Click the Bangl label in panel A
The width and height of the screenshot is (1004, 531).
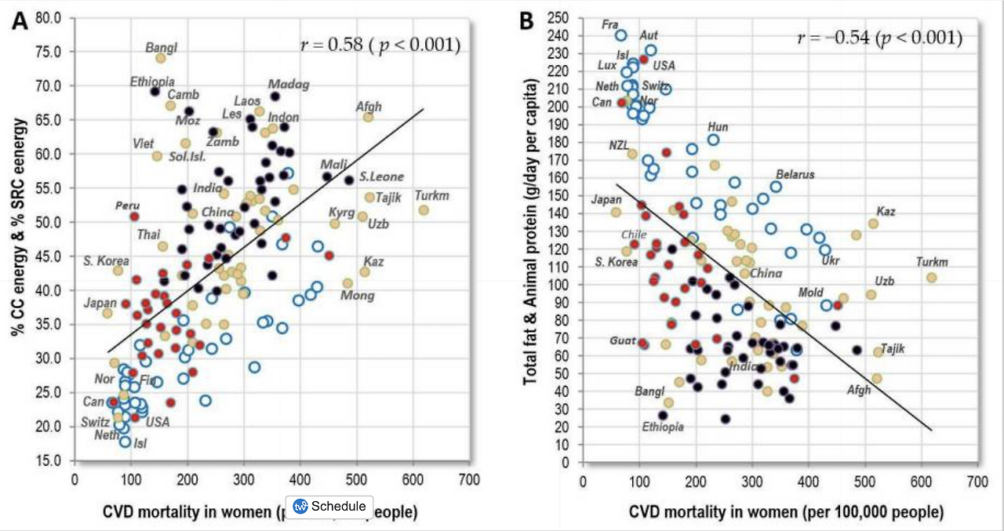pyautogui.click(x=162, y=47)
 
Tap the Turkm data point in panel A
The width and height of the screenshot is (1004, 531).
pyautogui.click(x=424, y=210)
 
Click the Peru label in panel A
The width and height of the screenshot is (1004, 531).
pyautogui.click(x=127, y=205)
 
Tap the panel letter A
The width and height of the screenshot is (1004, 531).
pyautogui.click(x=19, y=21)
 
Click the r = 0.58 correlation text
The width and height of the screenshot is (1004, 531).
pyautogui.click(x=380, y=44)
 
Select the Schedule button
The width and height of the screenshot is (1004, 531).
pyautogui.click(x=329, y=506)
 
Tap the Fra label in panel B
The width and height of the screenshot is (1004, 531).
pyautogui.click(x=610, y=24)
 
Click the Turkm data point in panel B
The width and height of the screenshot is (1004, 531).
pyautogui.click(x=931, y=278)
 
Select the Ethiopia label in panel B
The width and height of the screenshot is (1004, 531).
pyautogui.click(x=663, y=427)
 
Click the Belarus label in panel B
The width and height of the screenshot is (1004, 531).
pyautogui.click(x=795, y=174)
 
